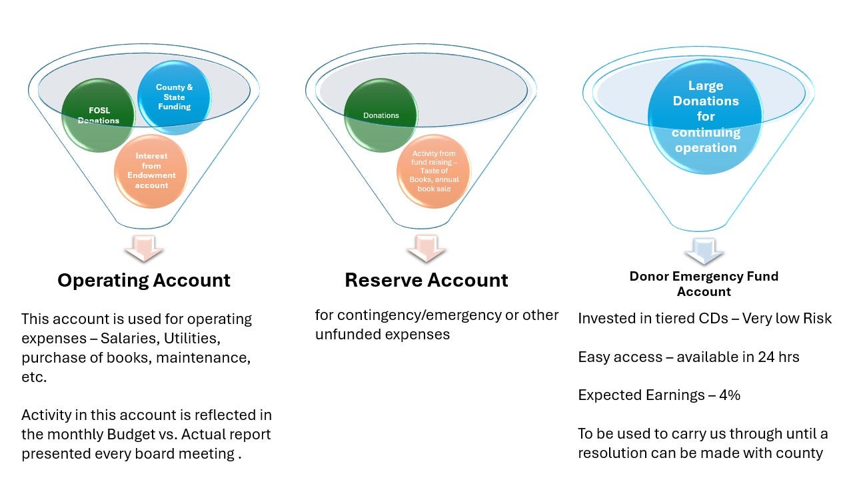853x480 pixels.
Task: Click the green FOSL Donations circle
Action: point(98,115)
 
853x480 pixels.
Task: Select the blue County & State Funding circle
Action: point(174,97)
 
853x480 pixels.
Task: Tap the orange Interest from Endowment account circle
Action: point(151,171)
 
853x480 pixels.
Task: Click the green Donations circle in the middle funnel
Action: point(381,115)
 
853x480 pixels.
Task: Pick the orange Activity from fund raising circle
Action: point(434,171)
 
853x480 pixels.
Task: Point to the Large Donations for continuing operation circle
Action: point(705,117)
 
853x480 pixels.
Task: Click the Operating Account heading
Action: point(144,280)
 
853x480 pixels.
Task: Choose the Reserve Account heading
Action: point(426,280)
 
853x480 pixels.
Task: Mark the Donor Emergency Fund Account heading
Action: point(704,283)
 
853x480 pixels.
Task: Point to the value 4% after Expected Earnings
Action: point(729,395)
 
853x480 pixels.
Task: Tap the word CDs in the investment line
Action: point(702,318)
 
